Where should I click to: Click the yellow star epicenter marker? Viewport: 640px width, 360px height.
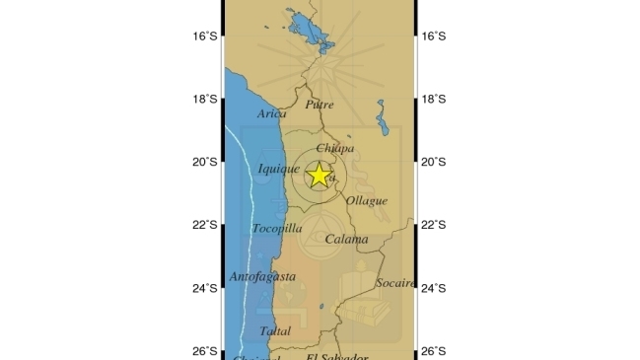[x=320, y=175]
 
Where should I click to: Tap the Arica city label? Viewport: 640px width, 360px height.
[x=272, y=114]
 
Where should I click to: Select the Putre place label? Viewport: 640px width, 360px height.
[x=320, y=105]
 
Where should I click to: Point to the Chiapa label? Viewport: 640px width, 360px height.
[x=335, y=148]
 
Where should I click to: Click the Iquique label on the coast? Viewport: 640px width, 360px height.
[x=278, y=170]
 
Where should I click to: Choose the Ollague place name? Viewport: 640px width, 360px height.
[x=367, y=201]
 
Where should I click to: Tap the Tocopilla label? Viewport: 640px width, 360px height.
[x=276, y=229]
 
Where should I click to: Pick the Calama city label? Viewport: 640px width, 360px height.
[x=346, y=240]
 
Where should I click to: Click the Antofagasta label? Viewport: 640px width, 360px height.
[x=262, y=277]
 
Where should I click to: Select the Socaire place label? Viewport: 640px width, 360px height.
[x=395, y=283]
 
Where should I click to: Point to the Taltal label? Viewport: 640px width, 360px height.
[x=275, y=331]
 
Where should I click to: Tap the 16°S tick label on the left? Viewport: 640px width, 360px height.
[x=204, y=36]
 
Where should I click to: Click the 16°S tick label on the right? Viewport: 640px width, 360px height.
[x=434, y=36]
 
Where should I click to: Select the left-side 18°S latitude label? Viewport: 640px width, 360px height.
[x=204, y=99]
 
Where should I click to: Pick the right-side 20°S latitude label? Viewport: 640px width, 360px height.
[x=434, y=162]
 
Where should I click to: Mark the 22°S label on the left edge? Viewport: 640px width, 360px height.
[x=204, y=225]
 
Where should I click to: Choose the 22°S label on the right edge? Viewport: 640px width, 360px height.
[x=434, y=225]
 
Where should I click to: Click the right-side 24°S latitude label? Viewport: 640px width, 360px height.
[x=434, y=288]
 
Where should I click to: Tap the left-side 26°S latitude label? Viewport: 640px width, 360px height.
[x=204, y=351]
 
